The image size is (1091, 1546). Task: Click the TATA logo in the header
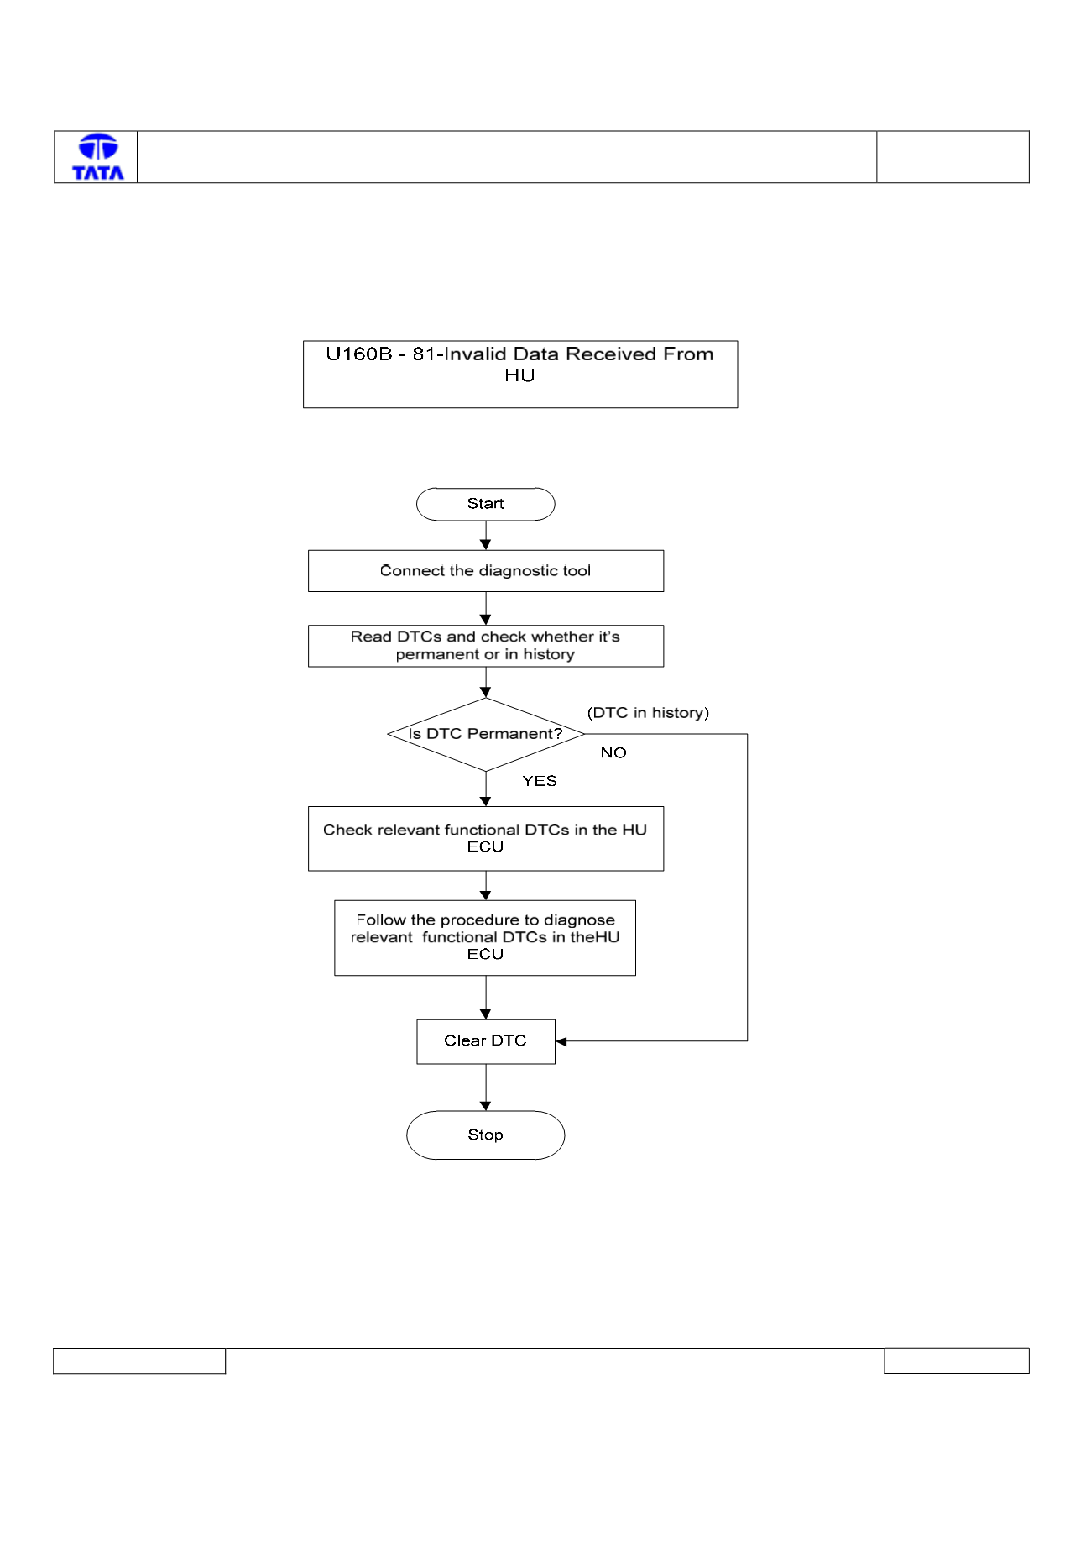pyautogui.click(x=98, y=157)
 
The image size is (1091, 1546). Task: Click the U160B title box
pyautogui.click(x=520, y=375)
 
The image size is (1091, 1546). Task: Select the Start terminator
pyautogui.click(x=486, y=504)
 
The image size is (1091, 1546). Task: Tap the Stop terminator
pyautogui.click(x=486, y=1135)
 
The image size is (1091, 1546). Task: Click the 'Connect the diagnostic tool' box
pyautogui.click(x=486, y=571)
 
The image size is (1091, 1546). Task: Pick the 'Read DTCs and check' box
pyautogui.click(x=486, y=646)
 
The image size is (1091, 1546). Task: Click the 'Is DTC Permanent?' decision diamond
pyautogui.click(x=486, y=734)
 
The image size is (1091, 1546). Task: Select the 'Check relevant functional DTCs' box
pyautogui.click(x=486, y=839)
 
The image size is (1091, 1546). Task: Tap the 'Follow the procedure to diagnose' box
pyautogui.click(x=485, y=938)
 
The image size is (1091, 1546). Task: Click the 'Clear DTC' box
pyautogui.click(x=486, y=1041)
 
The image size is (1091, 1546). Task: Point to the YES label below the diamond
pyautogui.click(x=540, y=781)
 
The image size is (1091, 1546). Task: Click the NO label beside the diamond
pyautogui.click(x=613, y=752)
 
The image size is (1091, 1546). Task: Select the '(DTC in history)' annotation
pyautogui.click(x=648, y=713)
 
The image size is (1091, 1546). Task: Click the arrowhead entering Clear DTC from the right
pyautogui.click(x=561, y=1041)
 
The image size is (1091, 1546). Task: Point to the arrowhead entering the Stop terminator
pyautogui.click(x=486, y=1105)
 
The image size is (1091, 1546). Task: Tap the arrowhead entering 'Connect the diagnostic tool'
pyautogui.click(x=486, y=545)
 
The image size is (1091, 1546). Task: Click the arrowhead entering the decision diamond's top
pyautogui.click(x=486, y=692)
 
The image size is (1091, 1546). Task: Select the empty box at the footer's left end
pyautogui.click(x=139, y=1361)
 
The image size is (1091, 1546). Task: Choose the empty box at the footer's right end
pyautogui.click(x=957, y=1361)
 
